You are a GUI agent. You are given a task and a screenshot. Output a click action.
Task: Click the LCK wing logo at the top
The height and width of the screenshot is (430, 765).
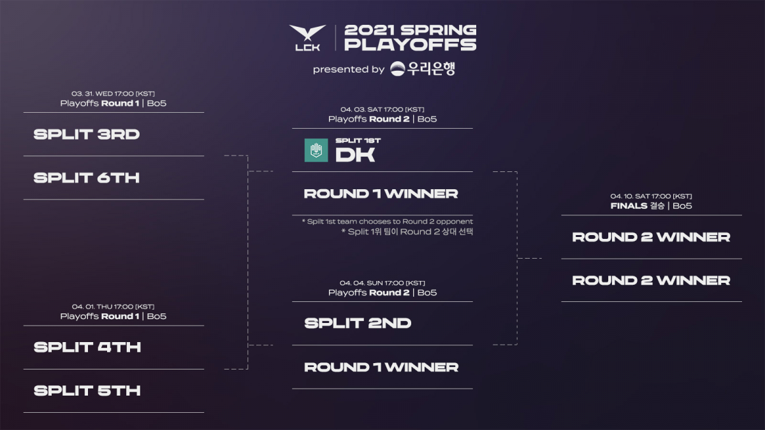tap(307, 37)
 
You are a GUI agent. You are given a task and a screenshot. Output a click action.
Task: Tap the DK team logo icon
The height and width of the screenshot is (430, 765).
tap(316, 150)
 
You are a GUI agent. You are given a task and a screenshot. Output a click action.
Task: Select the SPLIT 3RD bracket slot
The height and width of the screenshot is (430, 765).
tap(87, 134)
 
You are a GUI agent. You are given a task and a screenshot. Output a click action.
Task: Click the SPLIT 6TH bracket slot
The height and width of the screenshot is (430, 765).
tap(87, 178)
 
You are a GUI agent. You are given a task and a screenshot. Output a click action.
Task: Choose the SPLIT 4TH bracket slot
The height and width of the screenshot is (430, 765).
tap(87, 347)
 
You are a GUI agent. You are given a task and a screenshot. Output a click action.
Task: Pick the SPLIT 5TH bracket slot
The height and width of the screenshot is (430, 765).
tap(87, 391)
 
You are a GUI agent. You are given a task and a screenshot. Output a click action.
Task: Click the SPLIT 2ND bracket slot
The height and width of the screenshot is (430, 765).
tap(358, 323)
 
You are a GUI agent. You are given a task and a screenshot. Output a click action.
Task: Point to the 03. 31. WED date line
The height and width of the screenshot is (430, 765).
tap(113, 93)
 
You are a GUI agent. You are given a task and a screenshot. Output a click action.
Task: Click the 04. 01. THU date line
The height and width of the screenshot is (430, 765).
tap(113, 306)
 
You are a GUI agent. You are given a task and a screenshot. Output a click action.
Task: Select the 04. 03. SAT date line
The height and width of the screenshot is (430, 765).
tap(382, 109)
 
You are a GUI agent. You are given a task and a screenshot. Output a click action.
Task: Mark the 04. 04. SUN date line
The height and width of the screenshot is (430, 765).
tap(382, 283)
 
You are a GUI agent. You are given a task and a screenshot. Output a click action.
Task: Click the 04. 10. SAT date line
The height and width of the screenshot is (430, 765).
tap(651, 196)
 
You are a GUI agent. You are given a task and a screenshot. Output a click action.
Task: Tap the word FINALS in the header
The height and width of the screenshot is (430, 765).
tap(627, 206)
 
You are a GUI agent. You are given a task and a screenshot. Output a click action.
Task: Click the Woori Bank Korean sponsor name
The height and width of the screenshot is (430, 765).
tap(431, 69)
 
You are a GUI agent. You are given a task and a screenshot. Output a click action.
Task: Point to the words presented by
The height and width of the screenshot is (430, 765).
tap(348, 69)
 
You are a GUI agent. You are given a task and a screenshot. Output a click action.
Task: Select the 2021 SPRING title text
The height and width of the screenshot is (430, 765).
tap(409, 31)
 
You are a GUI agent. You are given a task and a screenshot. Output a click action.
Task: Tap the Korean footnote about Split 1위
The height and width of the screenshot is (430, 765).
tap(407, 232)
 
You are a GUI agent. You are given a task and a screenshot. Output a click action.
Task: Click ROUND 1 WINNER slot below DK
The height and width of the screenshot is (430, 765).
tap(381, 194)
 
